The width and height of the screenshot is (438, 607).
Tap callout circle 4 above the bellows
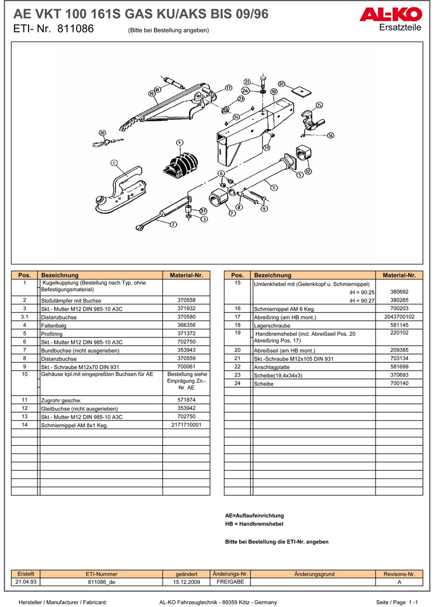click(x=180, y=142)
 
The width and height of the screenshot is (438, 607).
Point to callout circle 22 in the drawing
click(x=282, y=83)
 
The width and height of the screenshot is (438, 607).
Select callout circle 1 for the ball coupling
click(x=114, y=163)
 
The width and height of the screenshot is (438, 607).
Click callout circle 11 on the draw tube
click(x=273, y=187)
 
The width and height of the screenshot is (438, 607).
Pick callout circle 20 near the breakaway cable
click(x=102, y=133)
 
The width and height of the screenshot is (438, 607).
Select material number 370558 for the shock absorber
click(x=186, y=300)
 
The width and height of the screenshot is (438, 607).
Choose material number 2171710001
click(x=186, y=425)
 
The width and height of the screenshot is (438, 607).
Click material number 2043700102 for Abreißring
click(x=399, y=317)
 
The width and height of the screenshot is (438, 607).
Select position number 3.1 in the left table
click(x=24, y=317)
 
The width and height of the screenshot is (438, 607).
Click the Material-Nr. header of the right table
click(x=399, y=275)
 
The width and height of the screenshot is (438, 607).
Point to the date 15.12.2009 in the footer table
click(x=186, y=582)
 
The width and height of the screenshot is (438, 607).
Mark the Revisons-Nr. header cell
click(x=399, y=574)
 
